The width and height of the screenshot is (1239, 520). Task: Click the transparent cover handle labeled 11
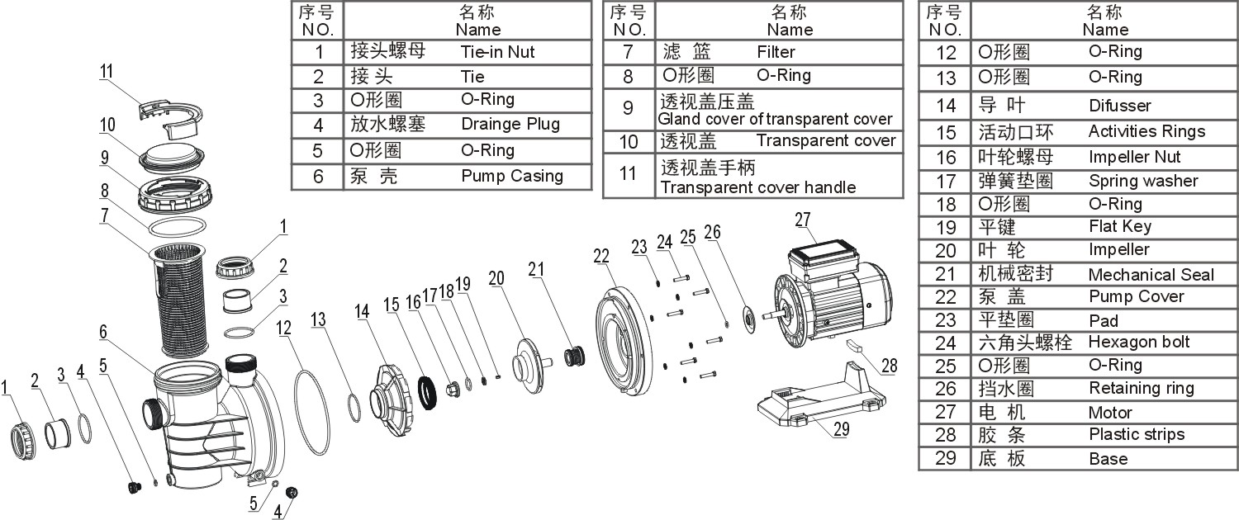pos(169,116)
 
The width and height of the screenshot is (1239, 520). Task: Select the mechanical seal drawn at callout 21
pos(572,357)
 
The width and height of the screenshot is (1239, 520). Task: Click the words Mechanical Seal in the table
pos(1151,274)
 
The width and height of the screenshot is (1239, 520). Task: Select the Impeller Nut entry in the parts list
pos(1134,157)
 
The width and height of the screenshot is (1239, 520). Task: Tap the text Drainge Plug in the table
pos(510,125)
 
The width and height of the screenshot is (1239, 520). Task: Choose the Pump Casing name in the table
pos(511,176)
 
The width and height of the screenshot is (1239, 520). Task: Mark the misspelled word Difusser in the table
pos(1119,106)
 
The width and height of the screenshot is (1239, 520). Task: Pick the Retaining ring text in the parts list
pos(1141,388)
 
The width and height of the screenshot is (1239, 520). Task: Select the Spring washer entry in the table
pos(1142,181)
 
